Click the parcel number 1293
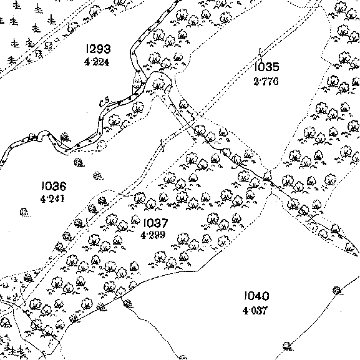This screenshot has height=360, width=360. [98, 49]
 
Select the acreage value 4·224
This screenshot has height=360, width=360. [97, 62]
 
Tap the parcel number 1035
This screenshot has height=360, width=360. [267, 67]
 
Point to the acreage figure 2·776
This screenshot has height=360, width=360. [266, 81]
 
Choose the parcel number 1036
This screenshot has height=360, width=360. [54, 186]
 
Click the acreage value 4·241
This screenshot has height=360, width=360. [52, 199]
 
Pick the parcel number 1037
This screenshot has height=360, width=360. [155, 223]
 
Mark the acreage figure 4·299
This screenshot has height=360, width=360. [153, 235]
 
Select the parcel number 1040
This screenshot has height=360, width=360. [256, 296]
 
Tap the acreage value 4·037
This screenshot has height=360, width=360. [255, 311]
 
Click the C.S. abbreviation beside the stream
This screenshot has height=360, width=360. [104, 102]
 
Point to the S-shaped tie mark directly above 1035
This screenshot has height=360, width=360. [260, 54]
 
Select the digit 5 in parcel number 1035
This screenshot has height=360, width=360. [276, 67]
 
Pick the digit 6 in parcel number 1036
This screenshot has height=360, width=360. [62, 186]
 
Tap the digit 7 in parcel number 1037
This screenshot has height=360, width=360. [165, 223]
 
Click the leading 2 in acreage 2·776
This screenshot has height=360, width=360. [256, 81]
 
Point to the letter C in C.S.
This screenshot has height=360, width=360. [102, 104]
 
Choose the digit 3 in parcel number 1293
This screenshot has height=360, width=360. [107, 49]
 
